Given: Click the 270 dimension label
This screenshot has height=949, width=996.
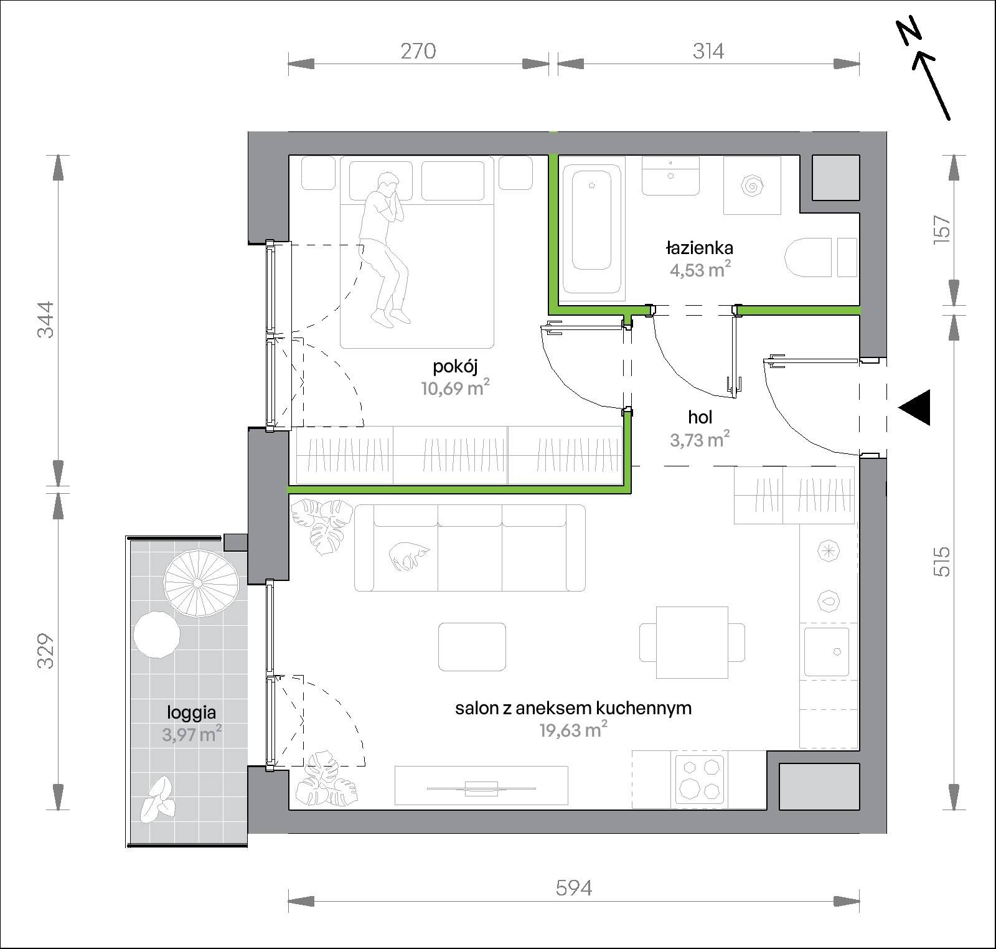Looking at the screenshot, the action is (x=418, y=50).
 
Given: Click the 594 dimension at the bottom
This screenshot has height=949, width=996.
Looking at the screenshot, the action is (x=573, y=887).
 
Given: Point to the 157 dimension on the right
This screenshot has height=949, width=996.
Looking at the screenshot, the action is (x=942, y=230).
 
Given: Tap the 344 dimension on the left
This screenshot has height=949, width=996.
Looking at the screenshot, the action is (x=46, y=319).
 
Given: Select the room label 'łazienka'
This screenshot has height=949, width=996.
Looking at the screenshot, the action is (x=700, y=248).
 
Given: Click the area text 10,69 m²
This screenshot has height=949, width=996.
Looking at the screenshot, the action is (x=455, y=389).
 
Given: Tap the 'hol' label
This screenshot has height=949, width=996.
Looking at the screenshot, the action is (x=700, y=417).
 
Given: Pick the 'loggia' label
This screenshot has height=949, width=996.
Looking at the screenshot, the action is (x=191, y=712).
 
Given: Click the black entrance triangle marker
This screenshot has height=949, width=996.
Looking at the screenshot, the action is (x=914, y=408).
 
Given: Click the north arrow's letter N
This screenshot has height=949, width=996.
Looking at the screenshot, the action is (x=909, y=35).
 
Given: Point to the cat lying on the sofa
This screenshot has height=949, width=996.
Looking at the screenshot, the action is (x=408, y=555).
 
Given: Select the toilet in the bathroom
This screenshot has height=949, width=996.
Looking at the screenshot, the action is (x=809, y=256).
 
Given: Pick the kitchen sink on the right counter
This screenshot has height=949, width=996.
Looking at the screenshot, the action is (x=826, y=652).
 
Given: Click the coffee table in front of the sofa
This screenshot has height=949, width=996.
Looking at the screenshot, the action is (x=472, y=646).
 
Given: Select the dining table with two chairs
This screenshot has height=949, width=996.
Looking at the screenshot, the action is (x=692, y=643).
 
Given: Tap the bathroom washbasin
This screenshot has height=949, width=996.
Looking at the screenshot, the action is (x=670, y=176).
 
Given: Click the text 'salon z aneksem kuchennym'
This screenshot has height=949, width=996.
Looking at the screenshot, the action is (x=573, y=708).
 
